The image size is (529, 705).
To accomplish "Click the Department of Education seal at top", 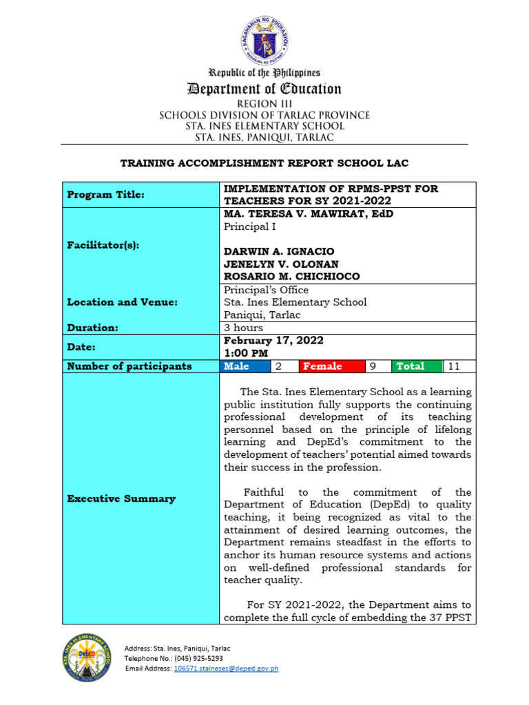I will click(265, 39).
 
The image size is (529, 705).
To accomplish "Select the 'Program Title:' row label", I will click(105, 195).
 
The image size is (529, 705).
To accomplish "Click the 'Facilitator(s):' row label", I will click(103, 245).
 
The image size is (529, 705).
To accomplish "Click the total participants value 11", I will click(454, 366).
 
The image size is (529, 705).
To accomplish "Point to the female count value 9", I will click(373, 366).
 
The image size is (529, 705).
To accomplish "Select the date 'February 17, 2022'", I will click(273, 341).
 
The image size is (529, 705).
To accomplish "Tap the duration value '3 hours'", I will click(243, 328).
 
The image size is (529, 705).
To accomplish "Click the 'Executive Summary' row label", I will click(121, 498).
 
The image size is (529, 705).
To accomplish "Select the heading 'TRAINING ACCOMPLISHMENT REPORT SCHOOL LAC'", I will click(264, 163).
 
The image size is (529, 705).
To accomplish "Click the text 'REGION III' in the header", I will click(264, 103).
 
